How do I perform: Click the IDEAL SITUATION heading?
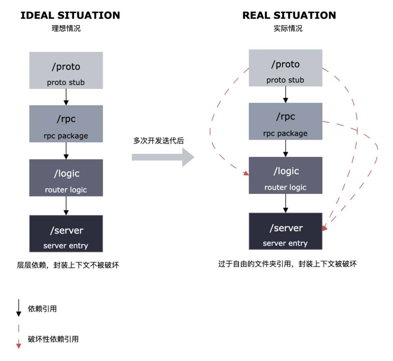pyautogui.click(x=70, y=15)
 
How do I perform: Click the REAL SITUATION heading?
pyautogui.click(x=289, y=15)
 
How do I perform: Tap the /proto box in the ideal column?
pyautogui.click(x=66, y=70)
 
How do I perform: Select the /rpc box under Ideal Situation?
pyautogui.click(x=66, y=124)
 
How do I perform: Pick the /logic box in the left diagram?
pyautogui.click(x=66, y=178)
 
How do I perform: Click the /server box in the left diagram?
pyautogui.click(x=66, y=234)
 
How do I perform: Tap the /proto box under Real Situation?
pyautogui.click(x=286, y=68)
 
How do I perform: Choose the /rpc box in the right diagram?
pyautogui.click(x=286, y=121)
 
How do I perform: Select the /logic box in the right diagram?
pyautogui.click(x=286, y=175)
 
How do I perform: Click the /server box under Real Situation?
pyautogui.click(x=286, y=231)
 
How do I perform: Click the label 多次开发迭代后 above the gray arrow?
pyautogui.click(x=158, y=141)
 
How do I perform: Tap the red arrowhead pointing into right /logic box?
pyautogui.click(x=246, y=173)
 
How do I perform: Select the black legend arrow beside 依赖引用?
pyautogui.click(x=19, y=309)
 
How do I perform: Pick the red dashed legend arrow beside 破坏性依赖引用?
pyautogui.click(x=19, y=339)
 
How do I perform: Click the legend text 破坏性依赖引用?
pyautogui.click(x=53, y=339)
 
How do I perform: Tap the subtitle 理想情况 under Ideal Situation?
pyautogui.click(x=66, y=28)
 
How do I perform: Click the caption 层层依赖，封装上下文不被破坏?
pyautogui.click(x=68, y=265)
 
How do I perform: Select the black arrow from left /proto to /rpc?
pyautogui.click(x=66, y=97)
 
